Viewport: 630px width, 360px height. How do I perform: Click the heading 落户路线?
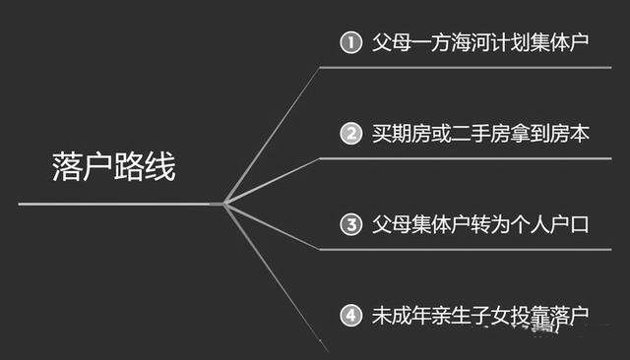(112, 166)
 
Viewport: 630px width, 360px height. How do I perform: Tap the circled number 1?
(350, 42)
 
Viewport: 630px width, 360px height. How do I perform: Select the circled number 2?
(350, 133)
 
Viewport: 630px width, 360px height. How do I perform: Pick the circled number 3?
(350, 223)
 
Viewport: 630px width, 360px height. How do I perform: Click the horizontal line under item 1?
(463, 68)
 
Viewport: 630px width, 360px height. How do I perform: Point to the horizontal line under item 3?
(463, 249)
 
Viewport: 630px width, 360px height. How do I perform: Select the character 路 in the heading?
(128, 166)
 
